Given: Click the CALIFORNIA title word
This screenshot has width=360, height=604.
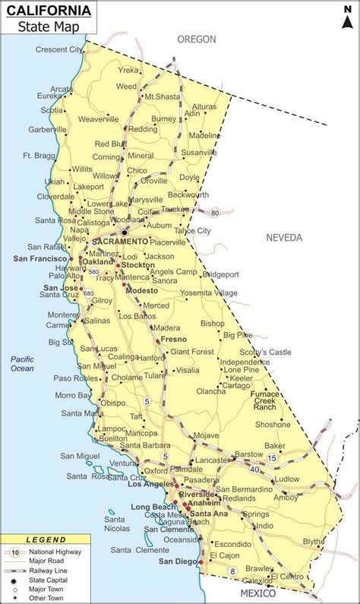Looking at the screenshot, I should click(50, 11).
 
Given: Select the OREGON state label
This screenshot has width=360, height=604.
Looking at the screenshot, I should click(197, 39).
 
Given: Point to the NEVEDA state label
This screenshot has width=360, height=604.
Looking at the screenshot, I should click(284, 238).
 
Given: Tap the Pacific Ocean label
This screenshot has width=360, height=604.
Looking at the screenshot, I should click(22, 363).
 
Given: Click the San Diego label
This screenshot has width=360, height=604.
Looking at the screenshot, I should click(175, 561).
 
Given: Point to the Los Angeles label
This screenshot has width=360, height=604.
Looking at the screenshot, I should click(150, 484).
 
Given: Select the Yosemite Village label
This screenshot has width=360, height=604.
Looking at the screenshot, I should click(209, 293).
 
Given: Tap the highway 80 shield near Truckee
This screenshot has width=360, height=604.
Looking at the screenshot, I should click(216, 213).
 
